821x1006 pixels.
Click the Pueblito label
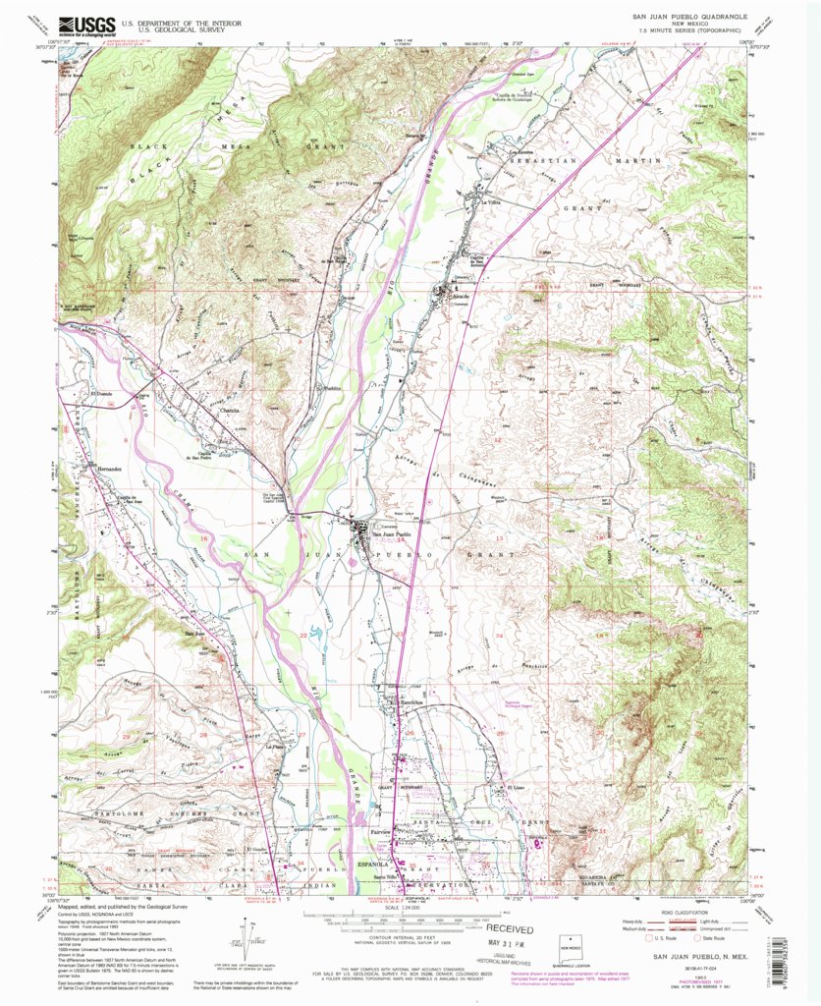pos(334,389)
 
